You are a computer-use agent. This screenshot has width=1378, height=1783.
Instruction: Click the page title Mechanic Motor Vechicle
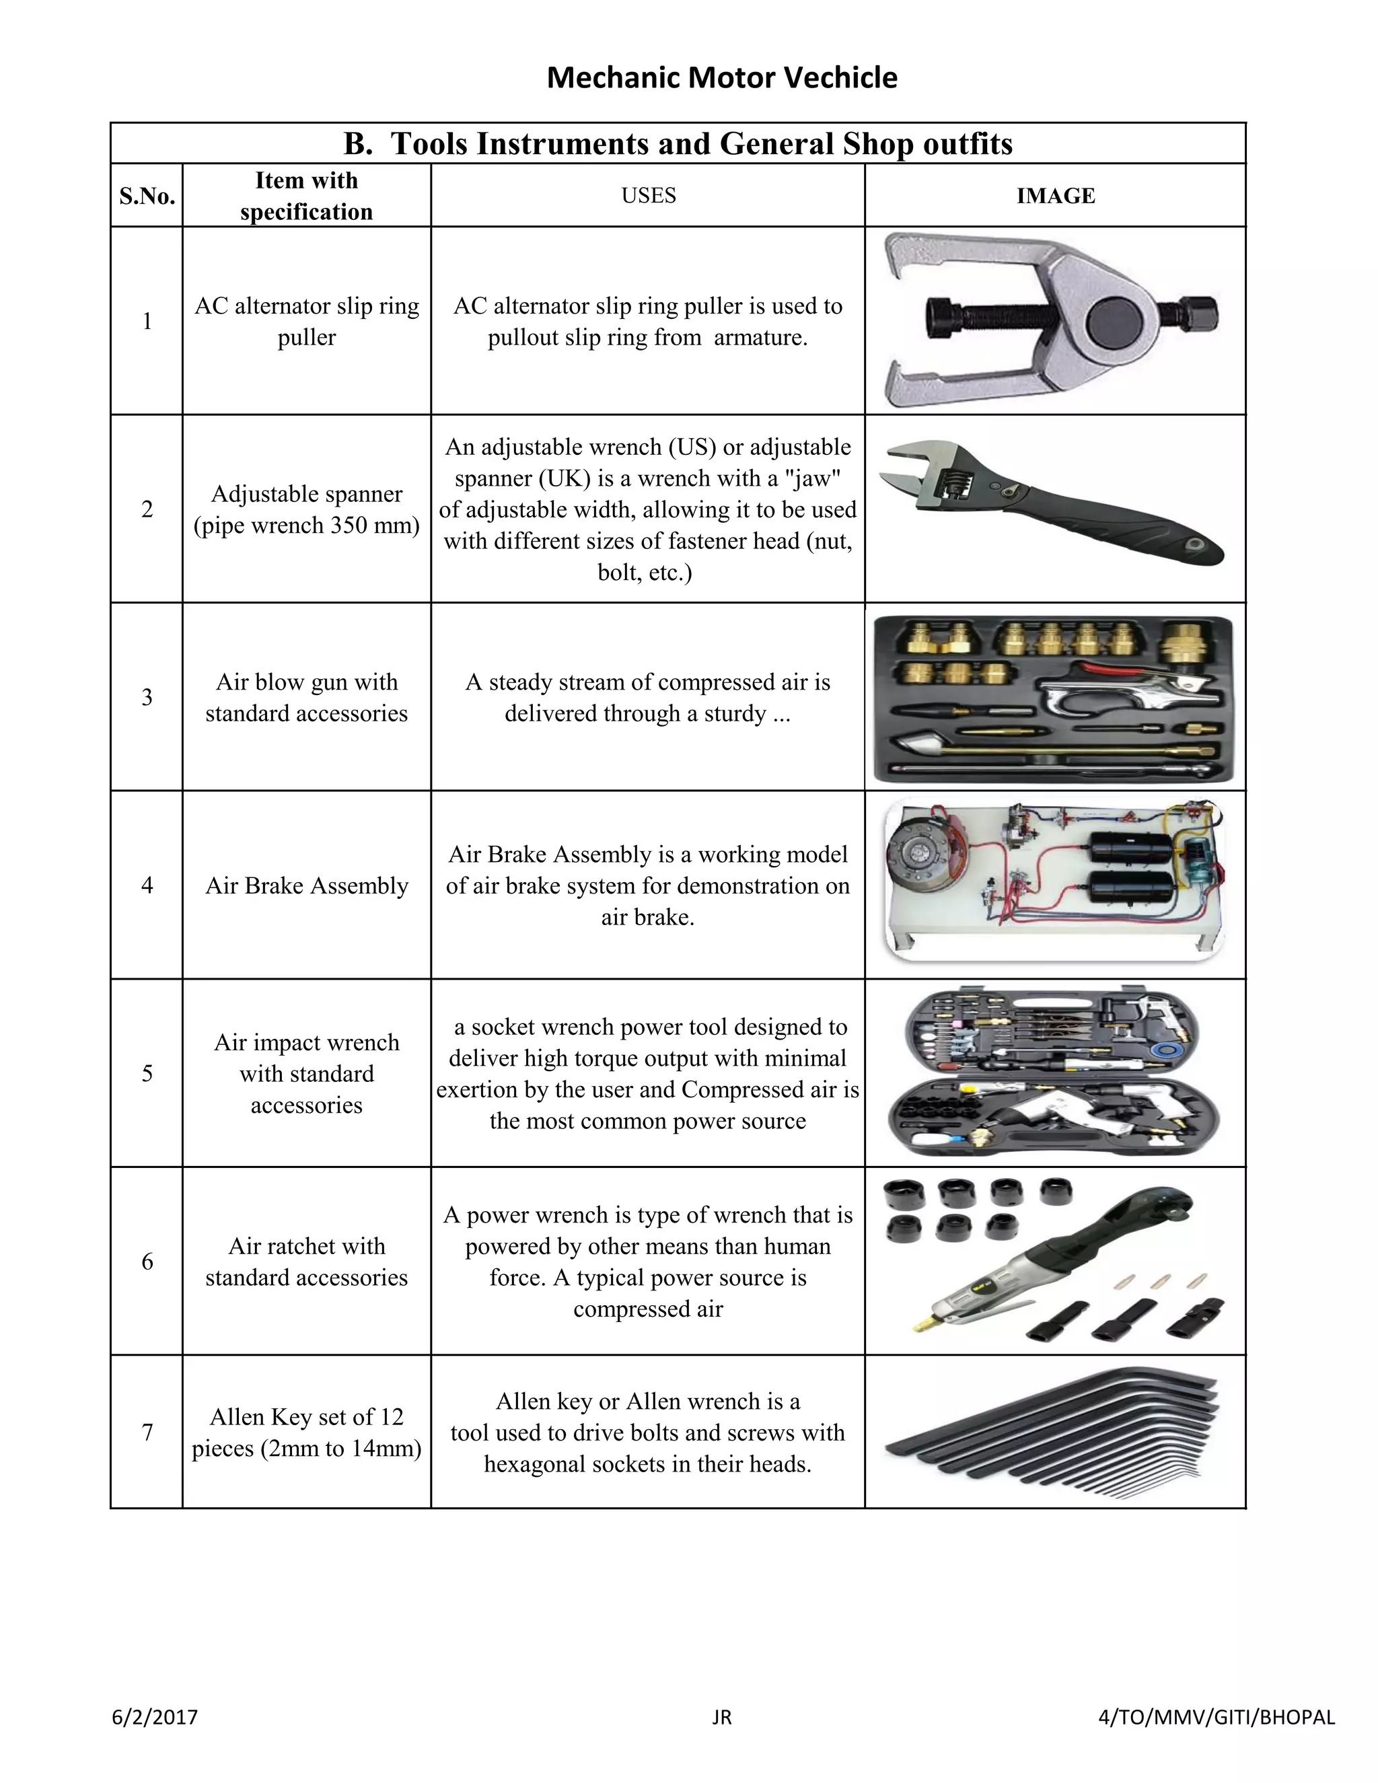(722, 77)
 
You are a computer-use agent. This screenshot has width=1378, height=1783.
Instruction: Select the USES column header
(648, 196)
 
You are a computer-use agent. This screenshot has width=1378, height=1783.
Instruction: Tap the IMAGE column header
(1055, 196)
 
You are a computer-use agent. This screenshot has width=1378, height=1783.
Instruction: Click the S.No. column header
(147, 196)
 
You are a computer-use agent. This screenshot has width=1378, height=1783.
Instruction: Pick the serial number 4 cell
(147, 885)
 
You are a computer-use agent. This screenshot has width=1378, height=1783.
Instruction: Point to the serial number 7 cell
(147, 1432)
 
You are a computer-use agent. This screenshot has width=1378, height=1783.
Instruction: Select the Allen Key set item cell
(306, 1432)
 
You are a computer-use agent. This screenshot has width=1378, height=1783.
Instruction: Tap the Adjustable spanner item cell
(306, 509)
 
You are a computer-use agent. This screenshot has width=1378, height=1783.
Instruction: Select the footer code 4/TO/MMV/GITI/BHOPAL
(1217, 1717)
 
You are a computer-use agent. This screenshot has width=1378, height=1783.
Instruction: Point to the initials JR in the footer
(722, 1717)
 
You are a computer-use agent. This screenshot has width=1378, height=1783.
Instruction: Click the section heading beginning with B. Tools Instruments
(678, 144)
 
